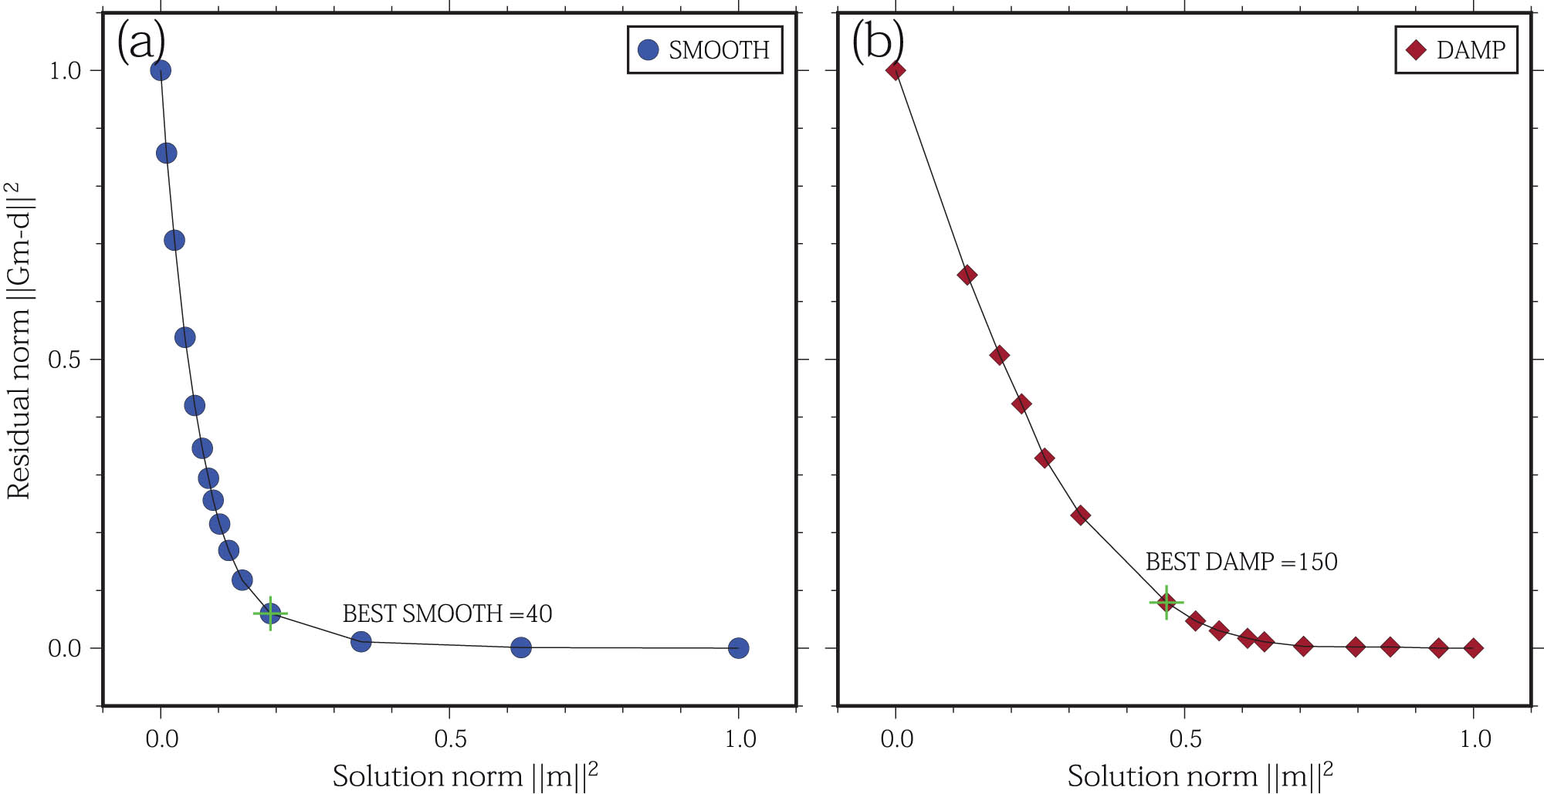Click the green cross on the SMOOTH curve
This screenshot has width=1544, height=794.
tap(270, 613)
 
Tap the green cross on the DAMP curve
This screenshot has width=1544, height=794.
tap(1166, 602)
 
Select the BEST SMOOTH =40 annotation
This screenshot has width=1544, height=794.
tap(447, 613)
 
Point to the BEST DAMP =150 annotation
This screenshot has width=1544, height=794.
tap(1241, 562)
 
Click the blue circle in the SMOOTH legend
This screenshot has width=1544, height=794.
tap(648, 50)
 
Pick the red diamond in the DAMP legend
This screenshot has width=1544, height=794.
tap(1416, 50)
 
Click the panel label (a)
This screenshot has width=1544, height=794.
tap(141, 41)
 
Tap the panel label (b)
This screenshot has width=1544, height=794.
tap(877, 41)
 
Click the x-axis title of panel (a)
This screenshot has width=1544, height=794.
tap(465, 775)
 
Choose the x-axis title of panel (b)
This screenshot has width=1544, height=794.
tap(1200, 775)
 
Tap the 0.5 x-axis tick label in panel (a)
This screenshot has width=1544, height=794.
tap(450, 739)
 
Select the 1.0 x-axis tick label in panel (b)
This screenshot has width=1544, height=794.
tap(1475, 739)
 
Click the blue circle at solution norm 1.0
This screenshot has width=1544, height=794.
tap(739, 648)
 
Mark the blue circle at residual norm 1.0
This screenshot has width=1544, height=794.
tap(161, 71)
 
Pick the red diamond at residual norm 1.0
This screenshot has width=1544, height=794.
tap(896, 71)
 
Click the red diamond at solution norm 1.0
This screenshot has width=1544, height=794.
tap(1473, 648)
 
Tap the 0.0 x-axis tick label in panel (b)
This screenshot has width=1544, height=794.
tap(896, 739)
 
